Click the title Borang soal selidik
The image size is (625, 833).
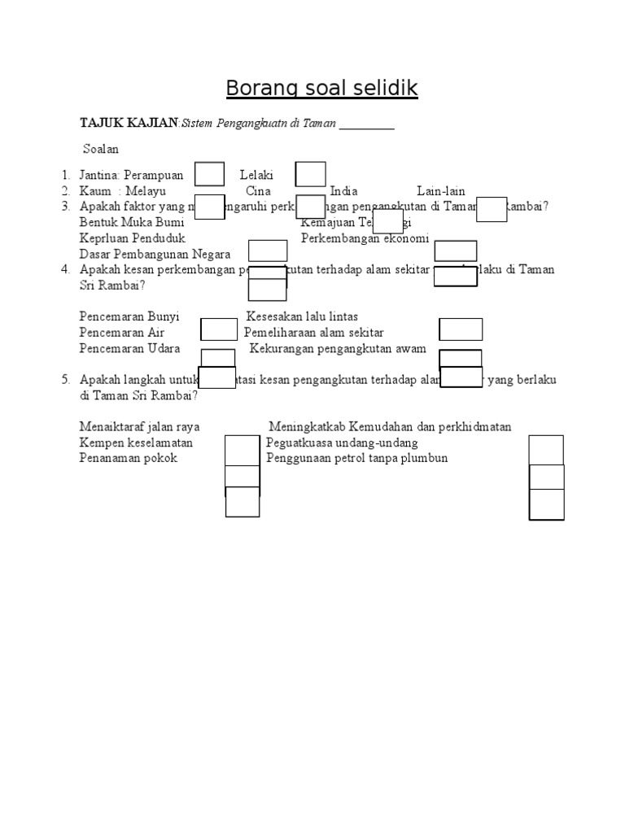pos(321,88)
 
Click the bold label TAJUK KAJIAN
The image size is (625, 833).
pos(129,123)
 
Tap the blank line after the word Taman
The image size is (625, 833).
pos(366,124)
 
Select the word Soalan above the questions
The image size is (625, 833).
pos(101,150)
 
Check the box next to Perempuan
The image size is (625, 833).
pos(210,175)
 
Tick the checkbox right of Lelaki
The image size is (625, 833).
pos(310,174)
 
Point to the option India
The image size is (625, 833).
pos(345,191)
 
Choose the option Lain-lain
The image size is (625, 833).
pos(441,191)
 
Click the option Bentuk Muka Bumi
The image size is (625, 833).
pos(132,222)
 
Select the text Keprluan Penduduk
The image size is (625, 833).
pos(133,238)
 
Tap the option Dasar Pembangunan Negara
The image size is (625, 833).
pos(155,254)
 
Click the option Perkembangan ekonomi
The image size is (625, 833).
pos(365,238)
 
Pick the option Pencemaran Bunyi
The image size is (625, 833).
pos(129,316)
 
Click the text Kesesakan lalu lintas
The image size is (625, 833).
pos(302,316)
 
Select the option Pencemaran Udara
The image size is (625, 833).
pos(130,348)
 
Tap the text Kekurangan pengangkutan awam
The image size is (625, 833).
pos(338,348)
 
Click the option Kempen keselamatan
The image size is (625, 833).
pos(136,443)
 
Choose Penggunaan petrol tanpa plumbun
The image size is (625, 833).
pos(356,458)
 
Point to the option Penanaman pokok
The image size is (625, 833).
pos(129,458)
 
